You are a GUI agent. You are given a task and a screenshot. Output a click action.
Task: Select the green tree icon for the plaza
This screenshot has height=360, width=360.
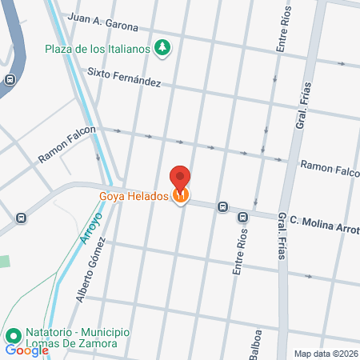click(163, 48)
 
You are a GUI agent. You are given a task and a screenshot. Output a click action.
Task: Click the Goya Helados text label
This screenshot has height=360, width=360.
click(133, 195)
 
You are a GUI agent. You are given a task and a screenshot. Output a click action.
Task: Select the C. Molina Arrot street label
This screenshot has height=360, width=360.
click(324, 223)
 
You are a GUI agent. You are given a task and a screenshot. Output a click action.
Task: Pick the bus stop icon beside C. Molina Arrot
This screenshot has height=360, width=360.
click(222, 206)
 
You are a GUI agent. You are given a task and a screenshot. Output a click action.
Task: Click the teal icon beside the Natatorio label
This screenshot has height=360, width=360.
click(13, 337)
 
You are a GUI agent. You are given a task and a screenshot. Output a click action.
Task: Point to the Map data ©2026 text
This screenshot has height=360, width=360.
click(326, 353)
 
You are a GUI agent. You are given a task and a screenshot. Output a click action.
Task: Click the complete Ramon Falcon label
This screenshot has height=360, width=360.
click(67, 145)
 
